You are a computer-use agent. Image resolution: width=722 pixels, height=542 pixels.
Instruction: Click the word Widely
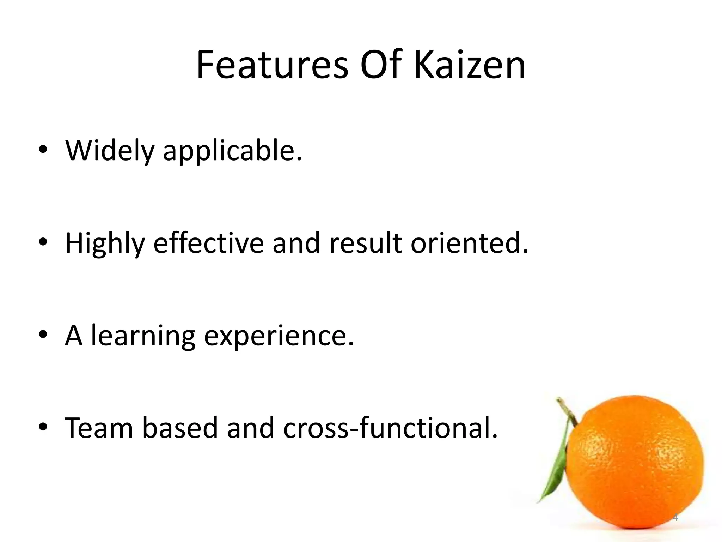coord(110,151)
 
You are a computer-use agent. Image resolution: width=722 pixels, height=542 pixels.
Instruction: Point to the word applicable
coord(232,151)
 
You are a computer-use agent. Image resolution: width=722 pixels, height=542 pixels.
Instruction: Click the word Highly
coord(105,243)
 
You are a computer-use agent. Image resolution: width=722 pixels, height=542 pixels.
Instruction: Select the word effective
coord(208,243)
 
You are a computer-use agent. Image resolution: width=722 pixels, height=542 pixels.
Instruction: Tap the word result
coord(365,243)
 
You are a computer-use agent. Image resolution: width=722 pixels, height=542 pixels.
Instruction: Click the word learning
coord(143,336)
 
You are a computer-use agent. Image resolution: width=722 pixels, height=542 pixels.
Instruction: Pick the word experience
coord(279,336)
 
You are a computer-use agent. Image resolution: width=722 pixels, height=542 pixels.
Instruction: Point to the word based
coord(180,428)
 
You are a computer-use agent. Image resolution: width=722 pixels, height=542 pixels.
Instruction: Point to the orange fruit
coord(635,462)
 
